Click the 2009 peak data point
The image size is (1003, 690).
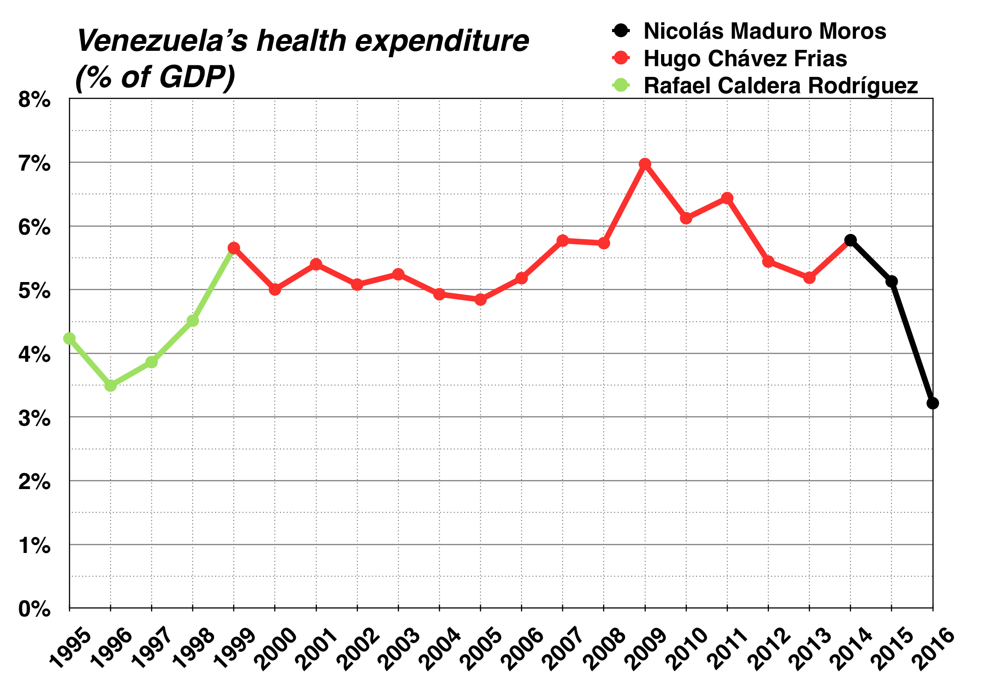click(x=645, y=164)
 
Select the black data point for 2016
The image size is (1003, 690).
click(x=933, y=403)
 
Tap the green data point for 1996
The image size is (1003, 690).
click(x=111, y=386)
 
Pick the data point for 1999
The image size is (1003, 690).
click(x=234, y=248)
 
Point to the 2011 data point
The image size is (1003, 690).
click(x=727, y=199)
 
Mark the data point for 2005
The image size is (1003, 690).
click(x=481, y=300)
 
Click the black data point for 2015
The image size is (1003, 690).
click(x=892, y=281)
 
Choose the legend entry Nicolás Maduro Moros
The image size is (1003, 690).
click(x=764, y=32)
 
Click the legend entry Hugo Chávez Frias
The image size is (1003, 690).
click(x=745, y=59)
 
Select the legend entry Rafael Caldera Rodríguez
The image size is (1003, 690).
click(x=780, y=86)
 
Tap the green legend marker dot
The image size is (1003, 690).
click(x=620, y=85)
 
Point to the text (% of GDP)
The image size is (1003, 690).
click(x=155, y=77)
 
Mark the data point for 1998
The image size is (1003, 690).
click(x=193, y=321)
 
